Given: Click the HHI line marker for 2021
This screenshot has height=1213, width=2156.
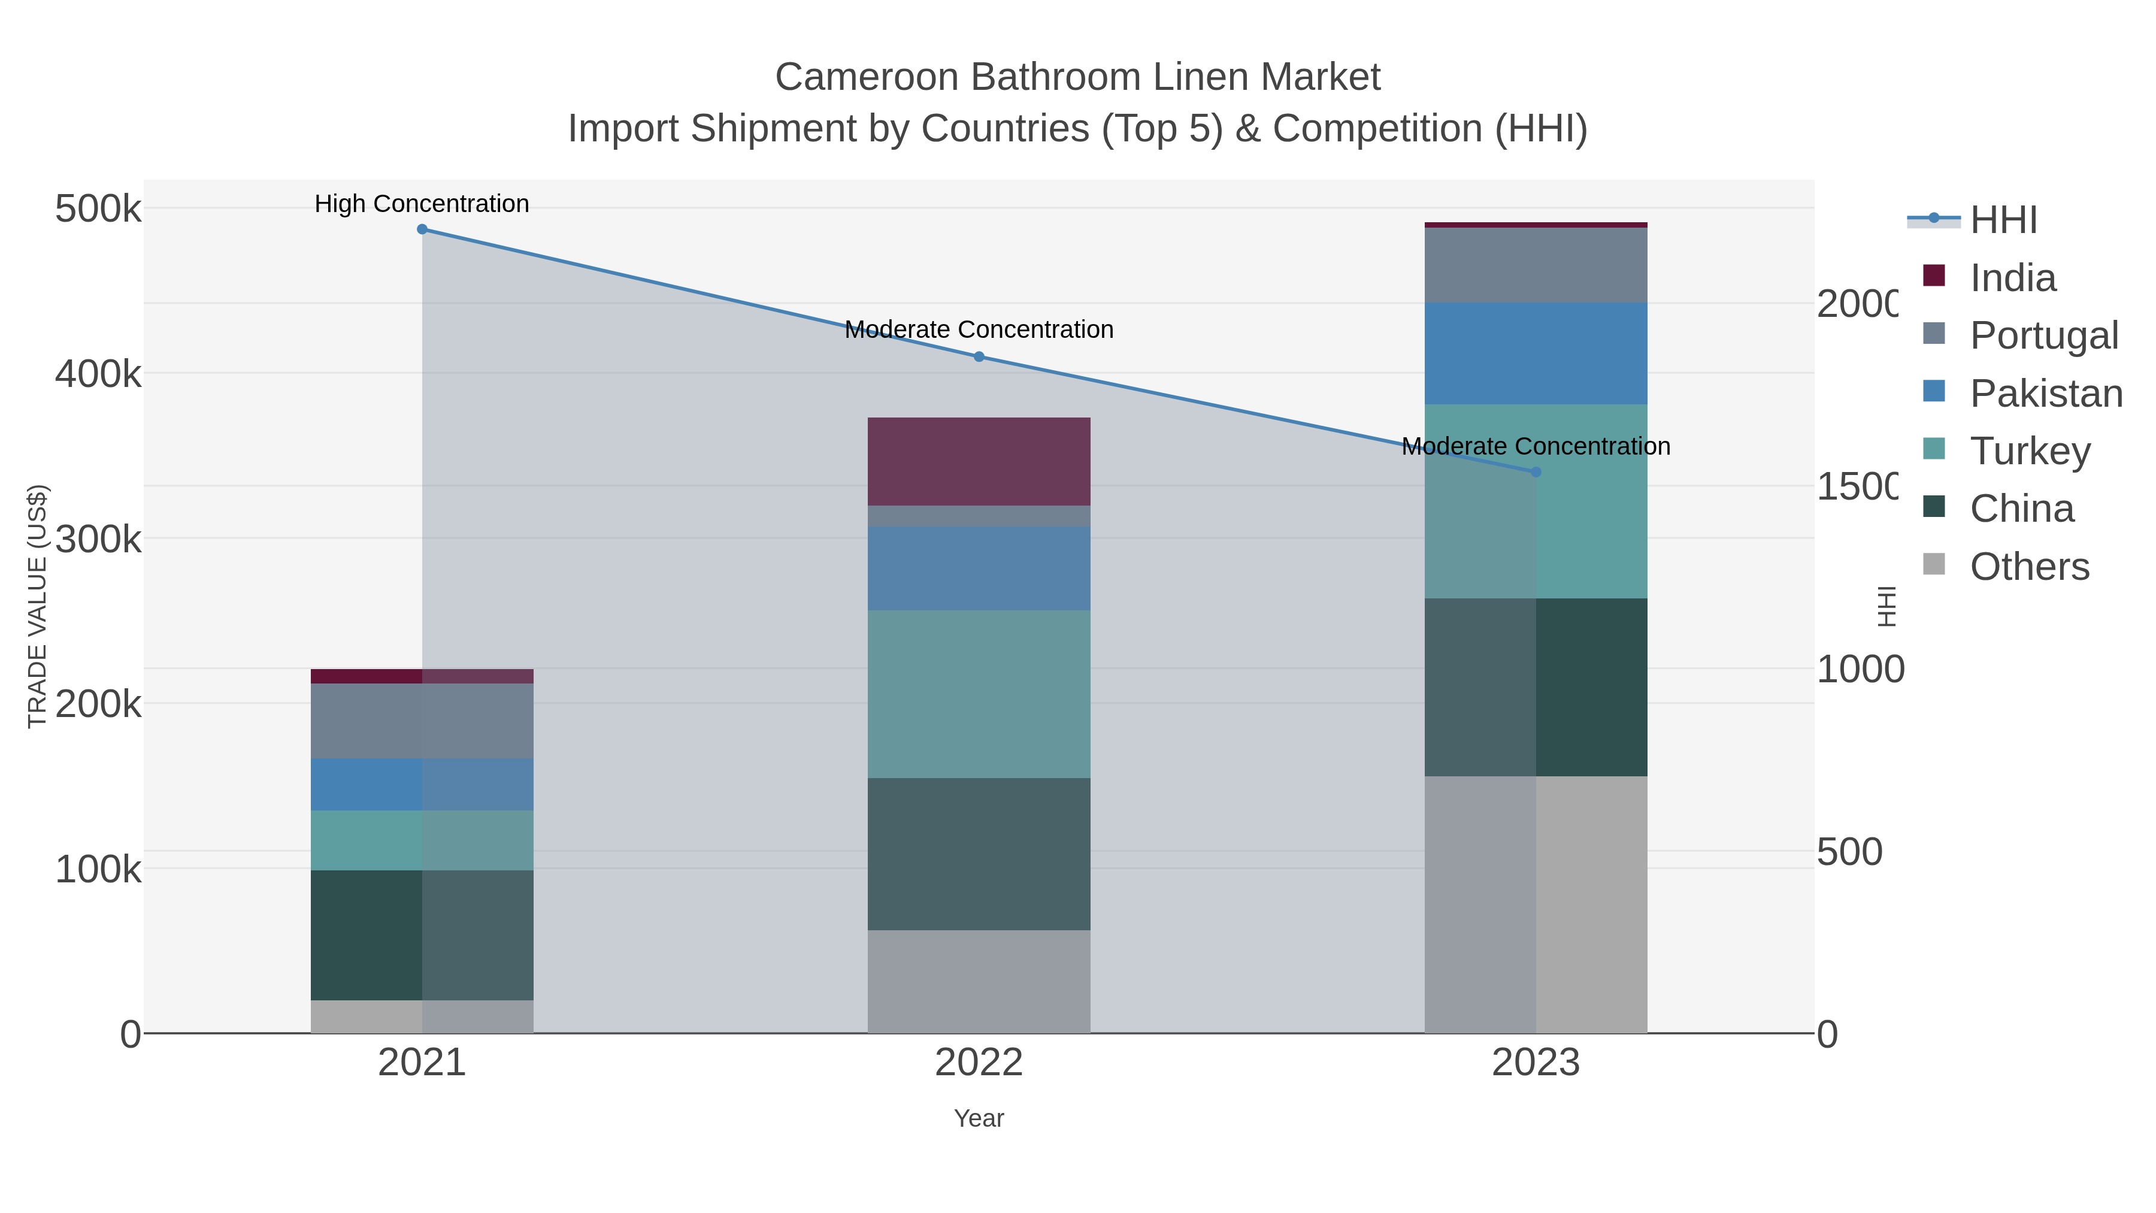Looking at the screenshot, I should point(422,229).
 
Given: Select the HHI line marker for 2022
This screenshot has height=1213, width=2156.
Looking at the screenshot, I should point(979,356).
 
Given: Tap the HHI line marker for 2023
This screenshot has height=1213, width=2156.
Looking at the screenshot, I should point(1536,472).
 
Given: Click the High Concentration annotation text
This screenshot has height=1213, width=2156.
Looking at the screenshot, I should point(422,204).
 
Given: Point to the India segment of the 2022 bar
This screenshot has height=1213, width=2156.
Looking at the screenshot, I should point(979,461).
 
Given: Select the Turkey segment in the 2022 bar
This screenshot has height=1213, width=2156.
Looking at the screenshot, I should point(979,694).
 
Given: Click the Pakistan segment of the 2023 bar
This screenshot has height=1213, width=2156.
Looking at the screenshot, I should point(1536,353).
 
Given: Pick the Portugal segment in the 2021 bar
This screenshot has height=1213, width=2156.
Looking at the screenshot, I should point(422,721).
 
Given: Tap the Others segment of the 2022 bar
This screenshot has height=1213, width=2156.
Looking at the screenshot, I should point(979,981).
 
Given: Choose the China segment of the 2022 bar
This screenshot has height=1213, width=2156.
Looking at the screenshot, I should point(979,854).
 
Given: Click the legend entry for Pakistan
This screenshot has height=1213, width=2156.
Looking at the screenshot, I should point(2046,394).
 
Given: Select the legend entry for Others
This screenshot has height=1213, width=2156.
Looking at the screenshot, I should point(2029,567).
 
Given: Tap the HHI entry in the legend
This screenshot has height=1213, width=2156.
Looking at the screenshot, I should point(2003,220).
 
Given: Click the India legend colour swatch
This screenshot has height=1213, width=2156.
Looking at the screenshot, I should point(1933,276).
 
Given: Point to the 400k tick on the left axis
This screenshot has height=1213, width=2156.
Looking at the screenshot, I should point(98,374).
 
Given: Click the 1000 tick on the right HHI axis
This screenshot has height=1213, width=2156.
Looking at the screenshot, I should point(1859,670).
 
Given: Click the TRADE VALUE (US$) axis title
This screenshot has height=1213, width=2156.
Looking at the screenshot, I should point(38,606).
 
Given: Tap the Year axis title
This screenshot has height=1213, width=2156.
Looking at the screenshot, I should point(979,1118).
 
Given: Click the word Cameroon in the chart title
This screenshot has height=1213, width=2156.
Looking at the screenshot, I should point(866,77).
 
